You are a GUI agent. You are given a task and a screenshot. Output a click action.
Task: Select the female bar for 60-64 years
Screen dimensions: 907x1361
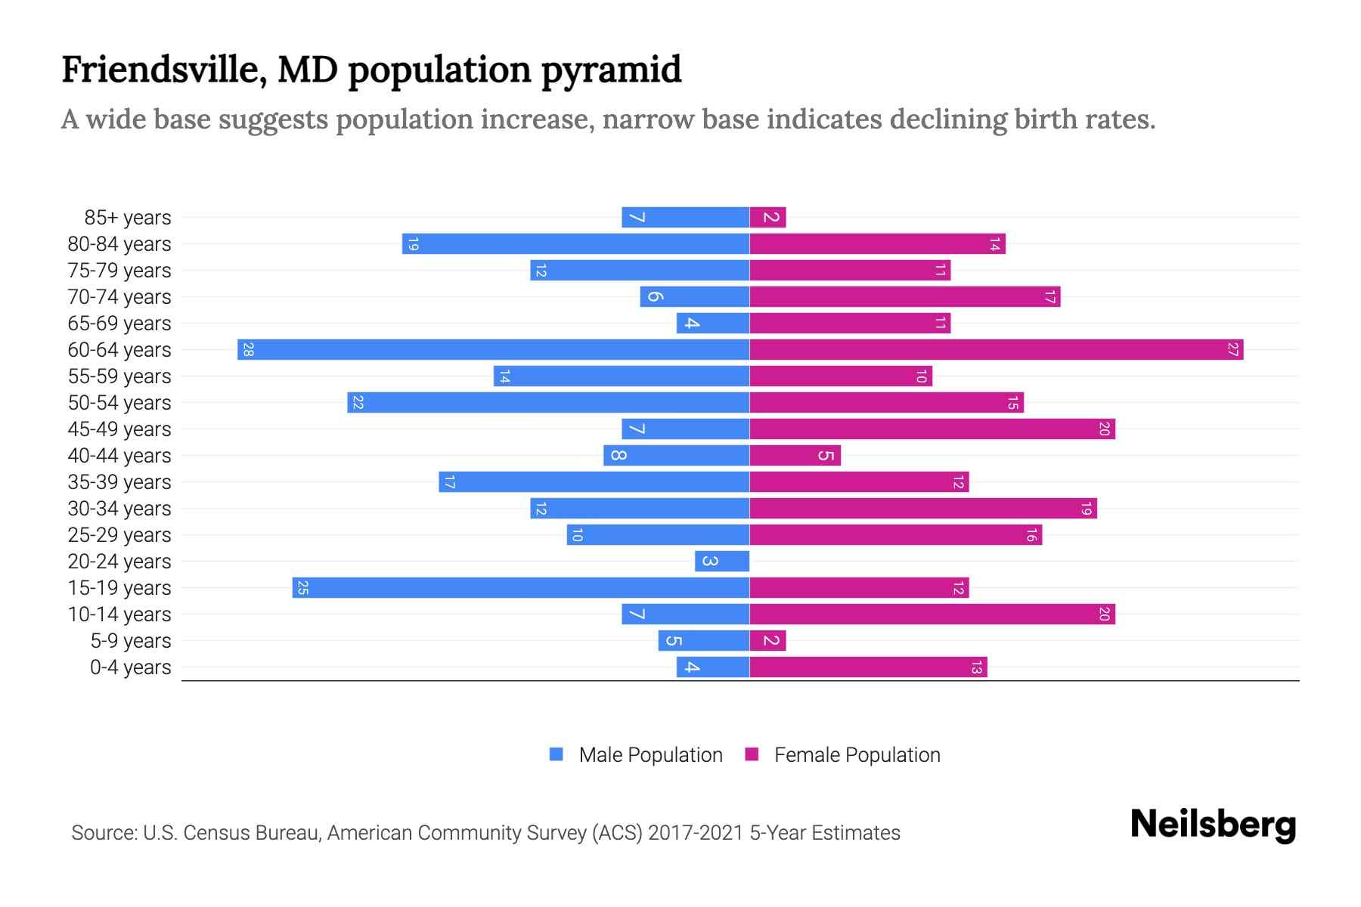pos(996,350)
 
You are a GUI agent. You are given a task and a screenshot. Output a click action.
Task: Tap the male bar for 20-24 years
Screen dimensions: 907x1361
pos(722,562)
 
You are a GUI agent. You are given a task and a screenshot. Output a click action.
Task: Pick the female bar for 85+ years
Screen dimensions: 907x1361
pos(767,218)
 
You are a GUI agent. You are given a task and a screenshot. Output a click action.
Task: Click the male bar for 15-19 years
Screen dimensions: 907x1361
pos(521,588)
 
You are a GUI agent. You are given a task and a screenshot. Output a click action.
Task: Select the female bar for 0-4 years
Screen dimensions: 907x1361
pos(868,667)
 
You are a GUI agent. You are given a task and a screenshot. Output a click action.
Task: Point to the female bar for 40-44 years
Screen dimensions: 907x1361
pos(795,456)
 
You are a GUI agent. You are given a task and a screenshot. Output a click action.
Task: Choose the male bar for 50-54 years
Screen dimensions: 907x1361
pos(548,403)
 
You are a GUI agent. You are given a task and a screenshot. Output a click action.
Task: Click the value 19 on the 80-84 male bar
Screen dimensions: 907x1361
pos(413,244)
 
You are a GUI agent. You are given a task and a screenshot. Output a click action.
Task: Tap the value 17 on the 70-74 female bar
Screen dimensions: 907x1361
pos(1049,297)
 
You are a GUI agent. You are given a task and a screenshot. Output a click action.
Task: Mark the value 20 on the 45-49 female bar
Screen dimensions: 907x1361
pos(1104,429)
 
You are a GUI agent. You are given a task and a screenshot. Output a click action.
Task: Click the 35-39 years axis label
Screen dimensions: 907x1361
pos(119,482)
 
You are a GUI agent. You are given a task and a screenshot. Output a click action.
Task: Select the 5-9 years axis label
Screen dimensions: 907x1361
pos(131,641)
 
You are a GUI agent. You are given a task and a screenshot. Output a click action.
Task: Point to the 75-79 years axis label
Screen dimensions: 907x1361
pos(119,271)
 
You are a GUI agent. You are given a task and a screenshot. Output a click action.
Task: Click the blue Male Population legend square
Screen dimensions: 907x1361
pos(556,754)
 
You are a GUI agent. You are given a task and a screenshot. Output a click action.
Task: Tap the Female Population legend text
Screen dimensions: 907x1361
pos(857,755)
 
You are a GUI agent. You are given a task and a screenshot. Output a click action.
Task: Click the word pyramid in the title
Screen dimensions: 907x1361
pos(611,70)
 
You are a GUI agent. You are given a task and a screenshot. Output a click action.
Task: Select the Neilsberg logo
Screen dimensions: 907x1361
pos(1213,825)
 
